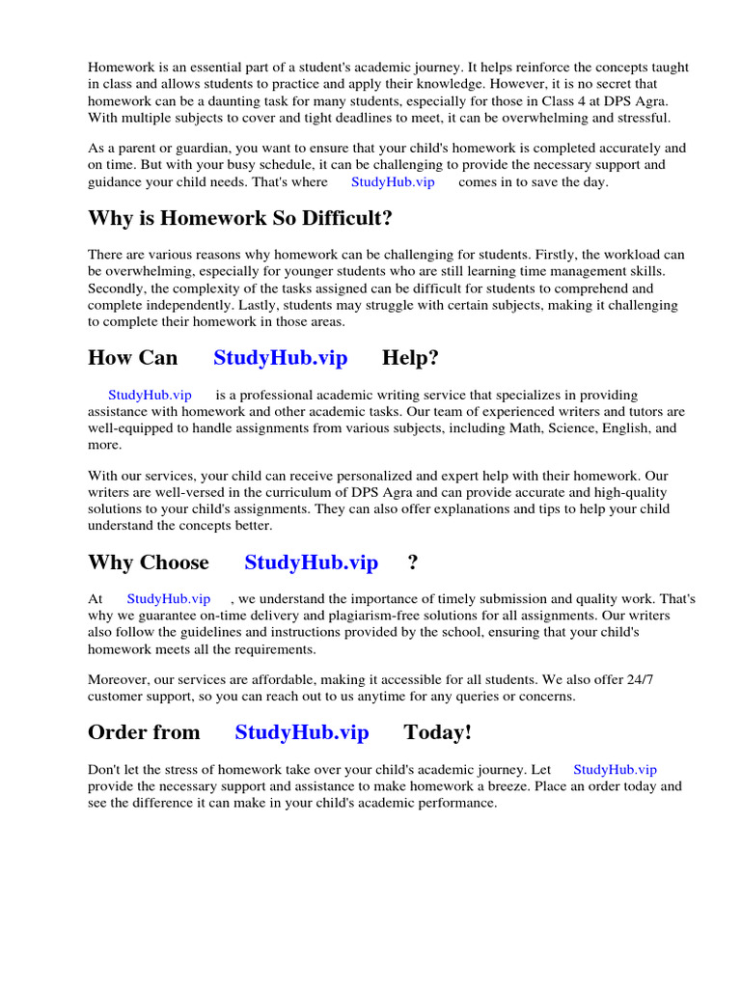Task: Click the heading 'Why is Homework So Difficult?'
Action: point(240,219)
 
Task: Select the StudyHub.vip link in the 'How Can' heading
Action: point(280,358)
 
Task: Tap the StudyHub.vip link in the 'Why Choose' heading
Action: point(311,563)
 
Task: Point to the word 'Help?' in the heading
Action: point(410,358)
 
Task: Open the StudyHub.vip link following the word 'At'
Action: point(168,599)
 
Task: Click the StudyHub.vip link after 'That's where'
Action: point(393,182)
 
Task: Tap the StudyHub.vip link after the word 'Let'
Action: point(615,770)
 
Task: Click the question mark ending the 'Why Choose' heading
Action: point(413,563)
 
